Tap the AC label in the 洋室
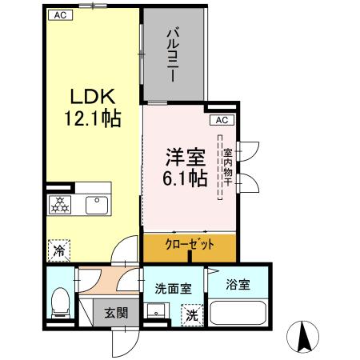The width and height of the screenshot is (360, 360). click(x=222, y=121)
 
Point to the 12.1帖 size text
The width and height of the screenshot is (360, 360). click(x=91, y=120)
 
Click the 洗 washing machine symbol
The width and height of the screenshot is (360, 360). click(x=192, y=315)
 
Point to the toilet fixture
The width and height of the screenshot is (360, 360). click(x=58, y=305)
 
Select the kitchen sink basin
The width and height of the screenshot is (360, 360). click(x=97, y=205)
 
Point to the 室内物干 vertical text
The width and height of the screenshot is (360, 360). click(x=227, y=169)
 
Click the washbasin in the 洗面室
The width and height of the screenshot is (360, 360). click(x=156, y=313)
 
